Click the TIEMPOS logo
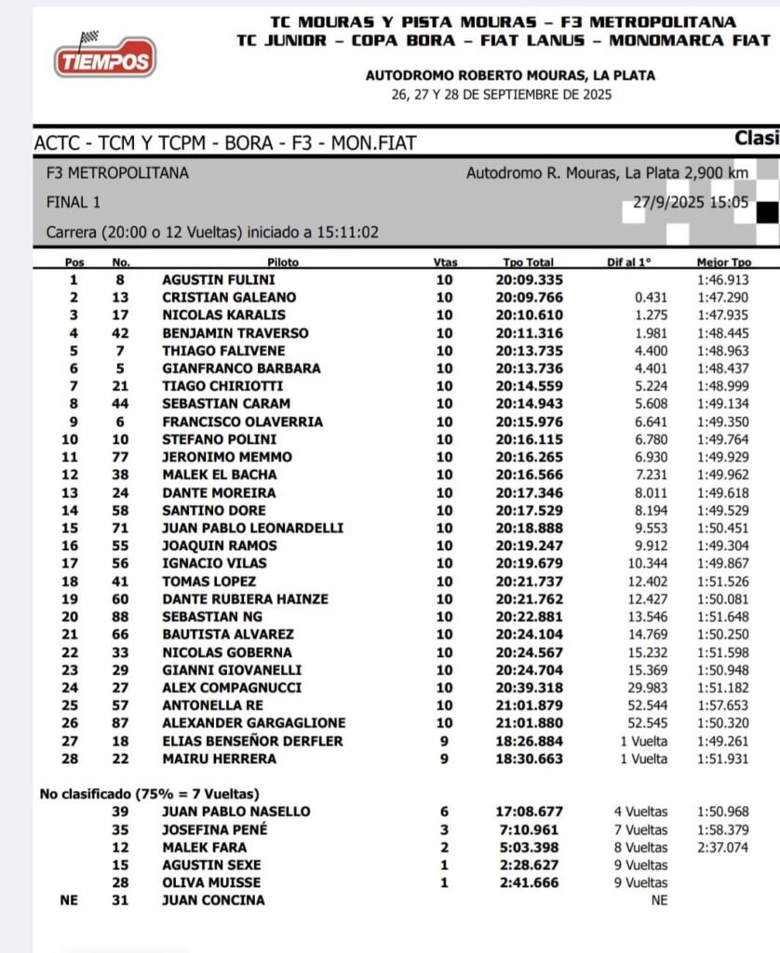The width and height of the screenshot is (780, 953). pos(104,58)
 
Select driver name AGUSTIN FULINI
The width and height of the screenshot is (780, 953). pos(219,279)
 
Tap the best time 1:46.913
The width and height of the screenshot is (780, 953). pos(722,279)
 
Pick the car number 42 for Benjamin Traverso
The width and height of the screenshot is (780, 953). pos(120,332)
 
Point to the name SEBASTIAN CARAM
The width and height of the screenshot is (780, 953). pos(226,403)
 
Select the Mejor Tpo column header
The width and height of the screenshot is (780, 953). pos(723,262)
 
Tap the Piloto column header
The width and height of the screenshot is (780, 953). pos(283,262)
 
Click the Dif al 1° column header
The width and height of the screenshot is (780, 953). pos(630,262)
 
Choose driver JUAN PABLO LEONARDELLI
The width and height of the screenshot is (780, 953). pos(252,528)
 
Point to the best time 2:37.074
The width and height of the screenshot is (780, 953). pos(722,847)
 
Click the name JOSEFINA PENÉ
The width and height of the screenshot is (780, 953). pos(214,829)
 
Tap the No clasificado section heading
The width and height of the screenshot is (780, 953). pos(148,794)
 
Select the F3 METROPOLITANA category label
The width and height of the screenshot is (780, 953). pos(117,173)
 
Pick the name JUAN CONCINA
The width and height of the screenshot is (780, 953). pos(213,900)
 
